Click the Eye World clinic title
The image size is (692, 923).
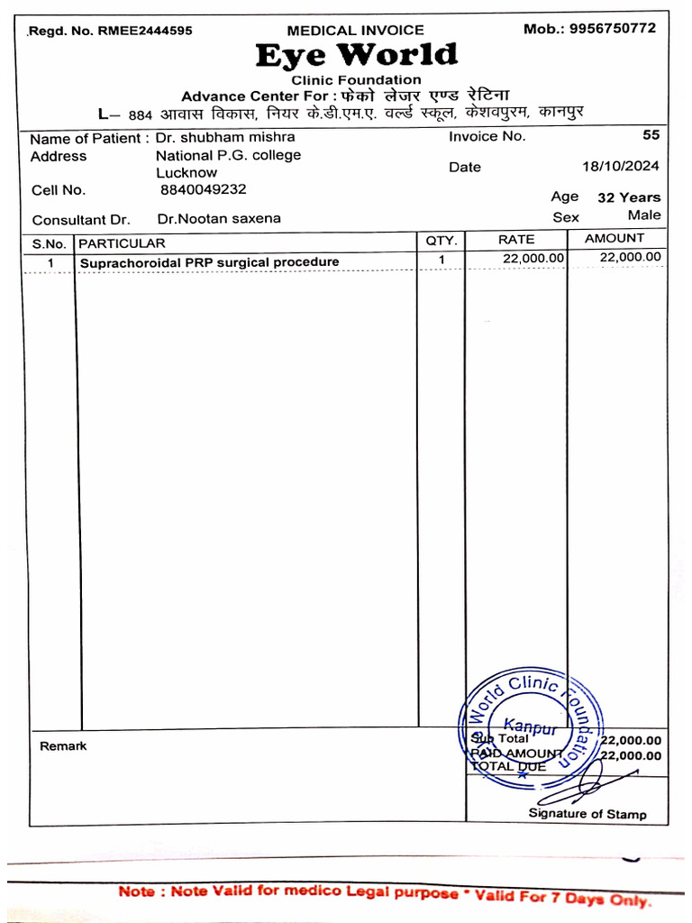coord(356,56)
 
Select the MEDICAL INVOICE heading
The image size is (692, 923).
coord(355,31)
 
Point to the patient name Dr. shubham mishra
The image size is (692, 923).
coord(225,137)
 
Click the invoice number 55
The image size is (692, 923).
coord(651,135)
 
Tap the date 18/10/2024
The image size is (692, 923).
coord(621,166)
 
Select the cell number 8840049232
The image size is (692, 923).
coord(204,189)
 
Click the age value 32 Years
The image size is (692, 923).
coord(629,197)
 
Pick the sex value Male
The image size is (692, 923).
coord(644,215)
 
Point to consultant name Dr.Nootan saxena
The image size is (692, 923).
coord(219,218)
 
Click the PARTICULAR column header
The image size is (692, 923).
coord(123,243)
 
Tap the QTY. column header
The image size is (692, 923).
coord(442,241)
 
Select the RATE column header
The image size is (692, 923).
coord(516,240)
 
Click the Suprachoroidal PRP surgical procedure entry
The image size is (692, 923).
coord(210,262)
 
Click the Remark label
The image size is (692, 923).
coord(63,746)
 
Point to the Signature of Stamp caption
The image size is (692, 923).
coord(587,814)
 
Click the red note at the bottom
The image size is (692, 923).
coord(384,895)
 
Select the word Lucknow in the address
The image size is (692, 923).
coord(187,172)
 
